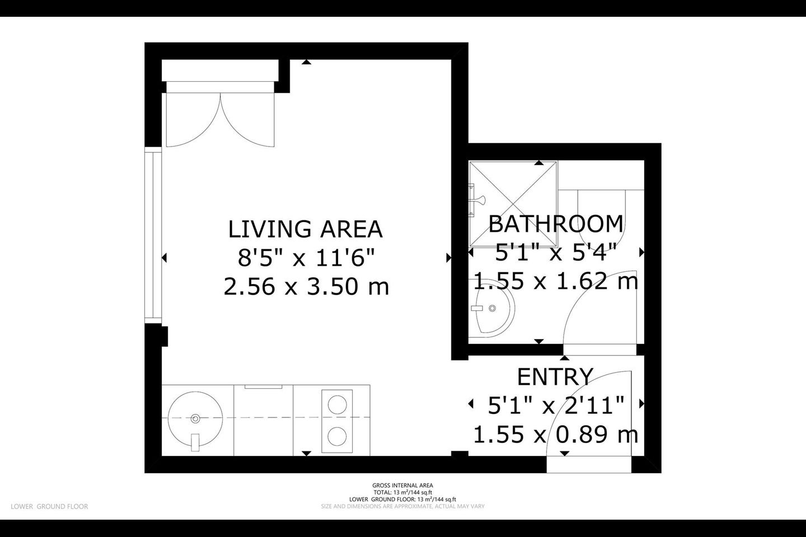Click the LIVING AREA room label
pos(306,229)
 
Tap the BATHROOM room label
pos(556,224)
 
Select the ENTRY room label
pos(555,376)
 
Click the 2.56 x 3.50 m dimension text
pos(306,287)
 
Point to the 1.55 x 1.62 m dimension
pos(556,281)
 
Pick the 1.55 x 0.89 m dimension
pos(556,435)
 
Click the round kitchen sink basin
pos(195,418)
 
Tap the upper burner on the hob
pos(337,404)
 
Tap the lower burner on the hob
pos(337,436)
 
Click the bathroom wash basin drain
pos(492,308)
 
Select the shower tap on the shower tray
pos(479,200)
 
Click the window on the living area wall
pos(153,235)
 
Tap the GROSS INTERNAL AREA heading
pos(402,486)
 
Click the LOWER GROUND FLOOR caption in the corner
pos(49,506)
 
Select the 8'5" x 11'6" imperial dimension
pos(306,258)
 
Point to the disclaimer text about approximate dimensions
pos(402,506)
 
